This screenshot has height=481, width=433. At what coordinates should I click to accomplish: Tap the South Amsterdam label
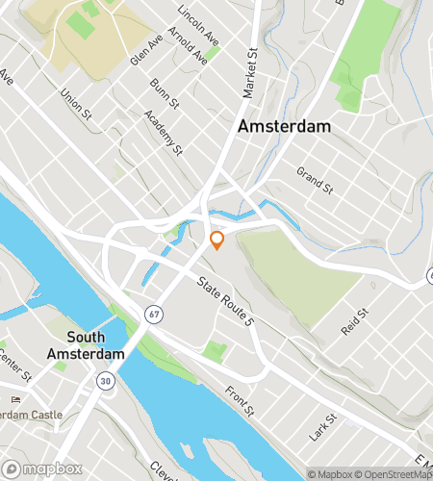pyautogui.click(x=96, y=345)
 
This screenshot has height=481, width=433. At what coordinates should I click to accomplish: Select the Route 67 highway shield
pyautogui.click(x=154, y=314)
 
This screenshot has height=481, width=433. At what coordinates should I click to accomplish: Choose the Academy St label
pyautogui.click(x=162, y=133)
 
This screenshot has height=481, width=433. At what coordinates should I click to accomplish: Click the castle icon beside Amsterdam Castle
pyautogui.click(x=14, y=399)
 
